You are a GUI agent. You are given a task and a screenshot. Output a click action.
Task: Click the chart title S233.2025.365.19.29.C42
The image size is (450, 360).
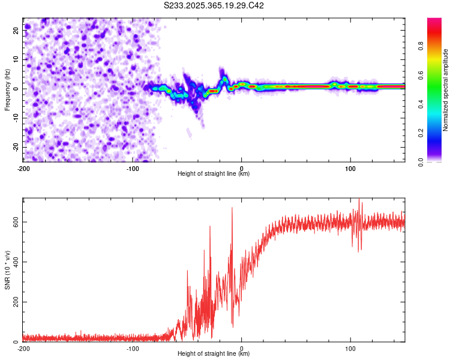point(214,5)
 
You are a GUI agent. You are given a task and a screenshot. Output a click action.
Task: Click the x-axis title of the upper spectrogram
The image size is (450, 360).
point(214,173)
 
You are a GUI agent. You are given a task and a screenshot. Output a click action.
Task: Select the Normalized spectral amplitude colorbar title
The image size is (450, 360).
point(446,90)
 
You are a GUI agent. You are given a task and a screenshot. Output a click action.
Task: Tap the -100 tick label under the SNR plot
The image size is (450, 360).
point(133,348)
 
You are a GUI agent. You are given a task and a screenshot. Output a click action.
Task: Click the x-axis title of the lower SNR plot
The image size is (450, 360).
point(214,354)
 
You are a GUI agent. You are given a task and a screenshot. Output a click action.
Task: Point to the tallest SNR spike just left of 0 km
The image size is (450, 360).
point(232,208)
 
